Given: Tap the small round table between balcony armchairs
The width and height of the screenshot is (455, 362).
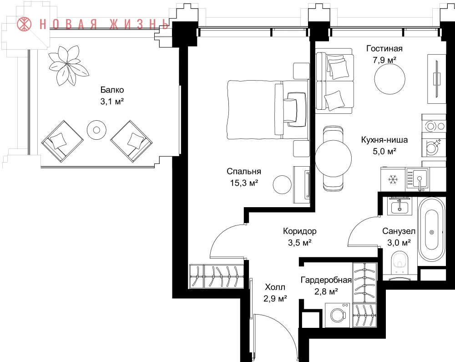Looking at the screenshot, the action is (x=96, y=129).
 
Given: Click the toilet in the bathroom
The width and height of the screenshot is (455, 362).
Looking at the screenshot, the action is (x=401, y=263).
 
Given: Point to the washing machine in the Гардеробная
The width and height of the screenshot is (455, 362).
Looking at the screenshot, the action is (x=338, y=315).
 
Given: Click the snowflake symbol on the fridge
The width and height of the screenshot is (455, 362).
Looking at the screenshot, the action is (x=393, y=180).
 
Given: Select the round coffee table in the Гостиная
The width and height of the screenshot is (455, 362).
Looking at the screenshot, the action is (x=389, y=79).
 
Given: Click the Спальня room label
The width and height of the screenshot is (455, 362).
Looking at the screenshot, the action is (x=244, y=171).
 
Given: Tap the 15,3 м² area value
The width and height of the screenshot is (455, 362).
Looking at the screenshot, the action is (x=244, y=183).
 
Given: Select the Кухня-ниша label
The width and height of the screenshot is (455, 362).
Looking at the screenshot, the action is (x=384, y=140).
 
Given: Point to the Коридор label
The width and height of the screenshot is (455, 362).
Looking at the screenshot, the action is (x=300, y=231).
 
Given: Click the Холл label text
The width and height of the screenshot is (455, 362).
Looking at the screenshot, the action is (x=275, y=287).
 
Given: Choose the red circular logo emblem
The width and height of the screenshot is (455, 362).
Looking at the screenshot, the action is (x=24, y=24).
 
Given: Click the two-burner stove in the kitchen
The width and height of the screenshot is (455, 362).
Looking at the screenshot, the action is (x=434, y=126).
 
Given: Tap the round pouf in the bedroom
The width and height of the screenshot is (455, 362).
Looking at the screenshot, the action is (x=282, y=184).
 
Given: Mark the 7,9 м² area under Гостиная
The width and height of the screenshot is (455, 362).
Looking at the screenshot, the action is (x=384, y=60).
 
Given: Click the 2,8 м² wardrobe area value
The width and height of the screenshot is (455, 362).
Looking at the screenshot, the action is (x=326, y=291).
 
